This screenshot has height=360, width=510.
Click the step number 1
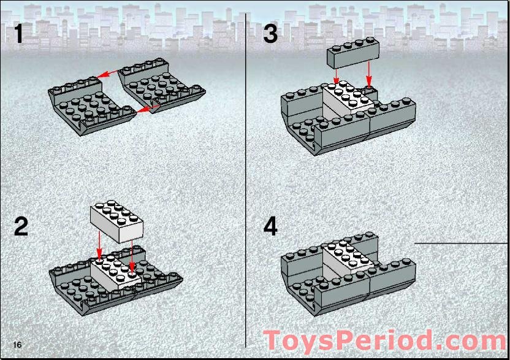tap(19, 34)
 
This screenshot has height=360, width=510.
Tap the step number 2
tap(21, 226)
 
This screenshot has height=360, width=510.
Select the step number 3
tap(270, 34)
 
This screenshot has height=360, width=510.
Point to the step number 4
tap(270, 226)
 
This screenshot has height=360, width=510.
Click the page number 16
tap(17, 345)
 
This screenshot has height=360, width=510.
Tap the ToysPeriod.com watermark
tap(385, 341)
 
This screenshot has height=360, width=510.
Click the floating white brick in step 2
tap(116, 221)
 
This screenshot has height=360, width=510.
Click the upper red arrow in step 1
tap(108, 74)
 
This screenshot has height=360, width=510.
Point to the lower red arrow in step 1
tap(148, 109)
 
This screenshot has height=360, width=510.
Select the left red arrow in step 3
tap(337, 76)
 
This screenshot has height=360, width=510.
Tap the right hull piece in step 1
tap(162, 85)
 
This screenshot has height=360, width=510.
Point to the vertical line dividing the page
tap(246, 181)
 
